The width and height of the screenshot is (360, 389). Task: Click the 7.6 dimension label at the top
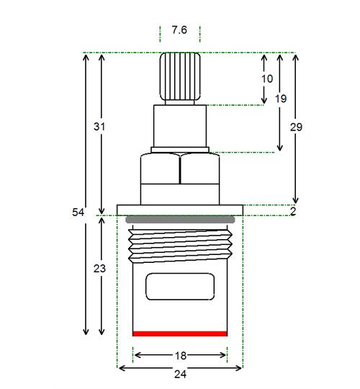[179, 30]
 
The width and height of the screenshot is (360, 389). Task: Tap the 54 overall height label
[78, 213]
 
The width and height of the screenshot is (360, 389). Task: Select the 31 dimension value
[99, 127]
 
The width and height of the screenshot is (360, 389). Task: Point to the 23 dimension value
[99, 269]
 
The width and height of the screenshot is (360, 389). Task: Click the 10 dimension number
[267, 79]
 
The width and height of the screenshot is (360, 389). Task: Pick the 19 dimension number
[281, 99]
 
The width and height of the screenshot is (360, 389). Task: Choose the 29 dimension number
[297, 127]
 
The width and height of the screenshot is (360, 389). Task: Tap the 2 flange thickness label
[293, 211]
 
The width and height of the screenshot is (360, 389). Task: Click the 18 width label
[181, 356]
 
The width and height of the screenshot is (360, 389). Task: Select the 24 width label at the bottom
[180, 374]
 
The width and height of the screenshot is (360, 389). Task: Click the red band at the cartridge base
[180, 334]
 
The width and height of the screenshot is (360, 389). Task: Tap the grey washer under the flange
[180, 220]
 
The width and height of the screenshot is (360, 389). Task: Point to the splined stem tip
[180, 76]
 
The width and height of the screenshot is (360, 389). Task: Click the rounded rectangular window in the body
[180, 287]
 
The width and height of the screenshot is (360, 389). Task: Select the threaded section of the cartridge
[180, 246]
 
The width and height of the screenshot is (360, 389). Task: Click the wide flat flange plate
[180, 210]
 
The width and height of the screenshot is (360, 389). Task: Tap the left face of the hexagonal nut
[160, 169]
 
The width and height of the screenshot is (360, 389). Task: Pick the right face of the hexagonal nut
[200, 169]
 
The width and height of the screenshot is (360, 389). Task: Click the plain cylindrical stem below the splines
[180, 126]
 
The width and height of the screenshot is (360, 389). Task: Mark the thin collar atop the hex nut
[180, 150]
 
